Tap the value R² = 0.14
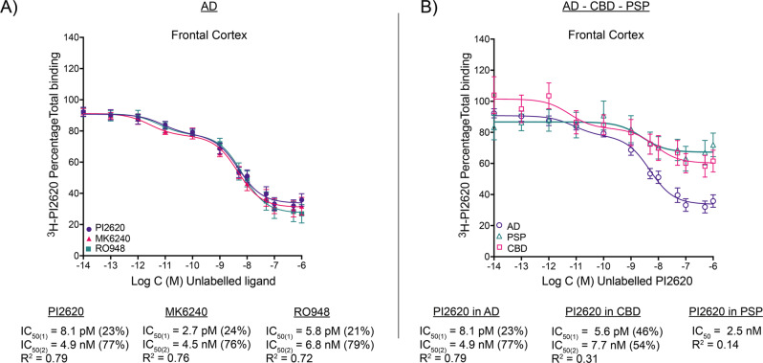point(712,344)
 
